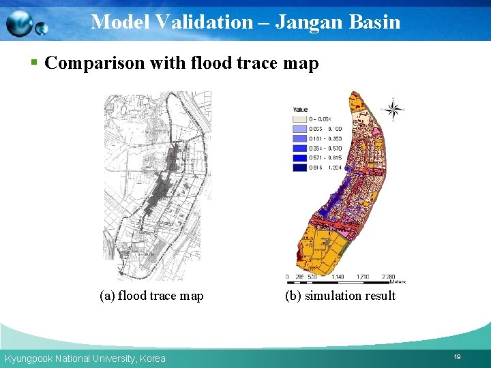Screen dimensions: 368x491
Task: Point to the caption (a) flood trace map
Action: coord(151,296)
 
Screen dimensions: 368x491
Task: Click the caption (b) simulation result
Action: coord(340,296)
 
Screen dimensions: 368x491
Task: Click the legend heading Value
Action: coord(300,110)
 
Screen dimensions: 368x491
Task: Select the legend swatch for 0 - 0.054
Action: coord(299,119)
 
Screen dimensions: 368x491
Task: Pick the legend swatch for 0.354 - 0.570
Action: coord(299,148)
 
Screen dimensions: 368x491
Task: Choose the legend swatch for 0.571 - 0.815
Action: coord(299,157)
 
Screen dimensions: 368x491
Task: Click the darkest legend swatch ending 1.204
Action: coord(299,168)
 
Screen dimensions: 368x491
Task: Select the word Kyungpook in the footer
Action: coord(27,358)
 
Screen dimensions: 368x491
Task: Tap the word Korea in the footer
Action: coord(152,358)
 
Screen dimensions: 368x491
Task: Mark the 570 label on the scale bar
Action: coord(312,277)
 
